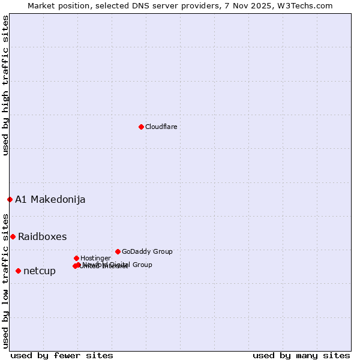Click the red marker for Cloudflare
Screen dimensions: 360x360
point(141,127)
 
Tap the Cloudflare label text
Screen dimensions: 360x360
point(161,127)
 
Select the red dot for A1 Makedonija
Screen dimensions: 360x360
point(10,199)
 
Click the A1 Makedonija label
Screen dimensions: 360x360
point(50,200)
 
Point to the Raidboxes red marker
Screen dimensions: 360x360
point(13,236)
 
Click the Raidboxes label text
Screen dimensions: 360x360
point(42,236)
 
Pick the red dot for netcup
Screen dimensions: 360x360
point(18,271)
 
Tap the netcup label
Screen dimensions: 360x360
point(40,271)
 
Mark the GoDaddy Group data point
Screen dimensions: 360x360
point(118,251)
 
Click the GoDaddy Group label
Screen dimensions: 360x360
point(147,251)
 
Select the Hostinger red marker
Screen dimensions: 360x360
point(76,258)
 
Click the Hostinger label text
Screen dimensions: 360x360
point(95,258)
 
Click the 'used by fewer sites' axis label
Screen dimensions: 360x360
point(62,355)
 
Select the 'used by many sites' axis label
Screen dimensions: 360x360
point(301,355)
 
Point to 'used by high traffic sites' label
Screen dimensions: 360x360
point(5,85)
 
